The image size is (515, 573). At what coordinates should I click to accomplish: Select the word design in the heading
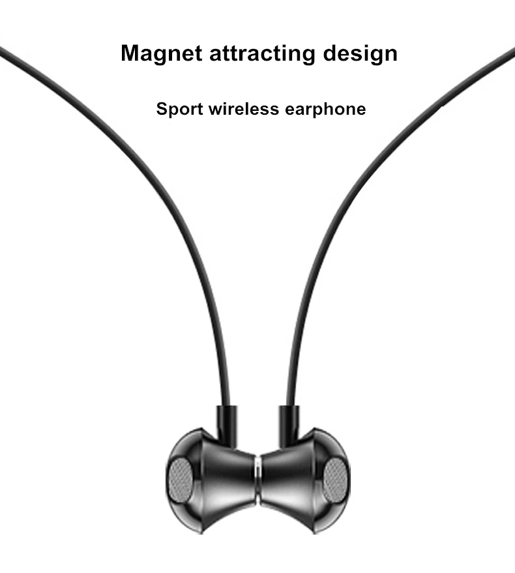click(x=360, y=53)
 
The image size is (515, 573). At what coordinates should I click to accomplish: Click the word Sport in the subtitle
click(x=179, y=109)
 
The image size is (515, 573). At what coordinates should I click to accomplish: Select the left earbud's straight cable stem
click(x=225, y=424)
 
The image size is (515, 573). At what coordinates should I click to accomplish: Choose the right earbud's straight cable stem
click(x=289, y=424)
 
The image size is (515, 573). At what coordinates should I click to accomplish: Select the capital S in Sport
click(x=162, y=108)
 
